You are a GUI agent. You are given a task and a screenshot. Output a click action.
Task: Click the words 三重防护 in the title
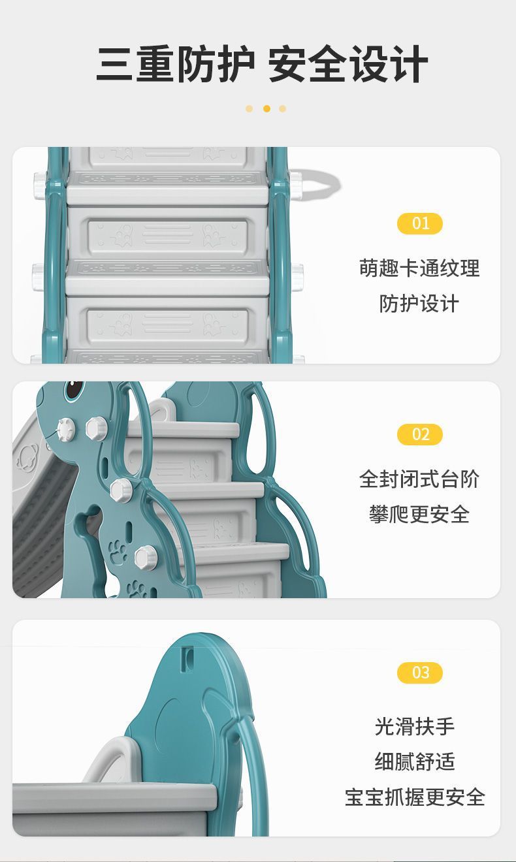pyautogui.click(x=175, y=65)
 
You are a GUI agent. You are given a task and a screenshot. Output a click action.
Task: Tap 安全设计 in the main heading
pyautogui.click(x=347, y=65)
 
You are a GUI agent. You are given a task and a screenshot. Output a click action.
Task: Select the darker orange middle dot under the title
pyautogui.click(x=266, y=108)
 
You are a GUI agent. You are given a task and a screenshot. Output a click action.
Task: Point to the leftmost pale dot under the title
pyautogui.click(x=249, y=108)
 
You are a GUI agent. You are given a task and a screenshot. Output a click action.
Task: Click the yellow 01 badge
pyautogui.click(x=420, y=224)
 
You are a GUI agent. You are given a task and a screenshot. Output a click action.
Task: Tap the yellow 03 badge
pyautogui.click(x=420, y=673)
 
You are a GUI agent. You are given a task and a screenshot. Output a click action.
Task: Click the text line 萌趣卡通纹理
pyautogui.click(x=419, y=268)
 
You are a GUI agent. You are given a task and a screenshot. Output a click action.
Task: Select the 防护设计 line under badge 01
pyautogui.click(x=419, y=304)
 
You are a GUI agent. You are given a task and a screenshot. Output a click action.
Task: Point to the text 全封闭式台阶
pyautogui.click(x=419, y=479)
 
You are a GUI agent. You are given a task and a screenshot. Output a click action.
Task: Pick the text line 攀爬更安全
pyautogui.click(x=419, y=515)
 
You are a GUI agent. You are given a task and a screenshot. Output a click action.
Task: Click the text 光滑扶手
pyautogui.click(x=415, y=726)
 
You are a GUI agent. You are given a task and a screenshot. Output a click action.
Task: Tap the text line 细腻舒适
pyautogui.click(x=415, y=761)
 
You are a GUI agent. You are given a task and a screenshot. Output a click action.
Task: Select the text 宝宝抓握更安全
pyautogui.click(x=415, y=797)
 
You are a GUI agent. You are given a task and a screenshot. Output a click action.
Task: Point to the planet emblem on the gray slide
pyautogui.click(x=29, y=455)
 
